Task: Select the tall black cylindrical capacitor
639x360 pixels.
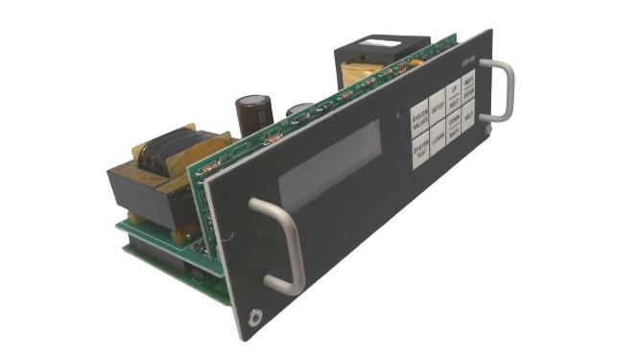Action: pos(253,113)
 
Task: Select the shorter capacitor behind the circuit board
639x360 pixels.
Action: pos(298,111)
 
